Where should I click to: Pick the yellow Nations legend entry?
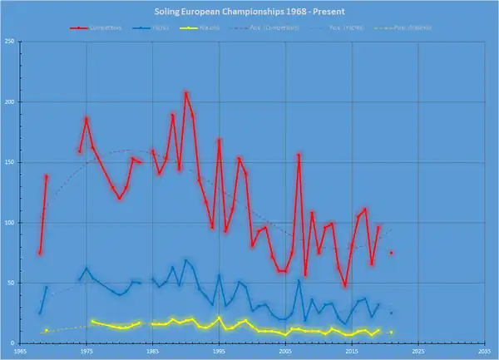coord(223,27)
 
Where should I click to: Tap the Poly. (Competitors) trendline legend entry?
coord(286,27)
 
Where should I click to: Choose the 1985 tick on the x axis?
coord(152,352)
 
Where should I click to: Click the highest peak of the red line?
coord(185,92)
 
